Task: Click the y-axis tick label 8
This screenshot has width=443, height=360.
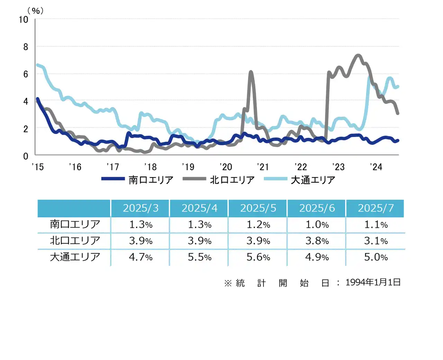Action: (x=26, y=47)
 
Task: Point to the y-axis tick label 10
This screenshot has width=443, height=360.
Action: (x=24, y=20)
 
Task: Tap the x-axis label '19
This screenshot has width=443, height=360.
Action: (x=188, y=167)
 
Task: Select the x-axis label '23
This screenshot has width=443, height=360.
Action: (x=338, y=167)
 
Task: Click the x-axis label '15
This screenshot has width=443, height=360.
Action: (x=38, y=167)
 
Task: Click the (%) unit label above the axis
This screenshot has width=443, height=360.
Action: (x=36, y=11)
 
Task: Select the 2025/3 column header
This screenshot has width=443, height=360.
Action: (x=141, y=208)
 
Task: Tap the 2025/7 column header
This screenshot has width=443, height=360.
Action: (x=376, y=208)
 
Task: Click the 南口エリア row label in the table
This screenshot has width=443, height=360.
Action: (x=75, y=224)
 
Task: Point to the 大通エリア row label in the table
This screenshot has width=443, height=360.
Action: (x=75, y=257)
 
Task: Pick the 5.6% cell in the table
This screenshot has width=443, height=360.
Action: (x=258, y=257)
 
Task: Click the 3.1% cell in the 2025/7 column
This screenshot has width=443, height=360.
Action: (x=376, y=241)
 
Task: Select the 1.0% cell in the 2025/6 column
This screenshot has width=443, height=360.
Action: (x=317, y=225)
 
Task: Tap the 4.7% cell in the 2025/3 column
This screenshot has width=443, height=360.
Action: (x=141, y=257)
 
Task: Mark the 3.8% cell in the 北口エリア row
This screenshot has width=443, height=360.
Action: (x=317, y=241)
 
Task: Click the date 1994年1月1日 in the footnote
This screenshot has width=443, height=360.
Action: (x=373, y=282)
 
